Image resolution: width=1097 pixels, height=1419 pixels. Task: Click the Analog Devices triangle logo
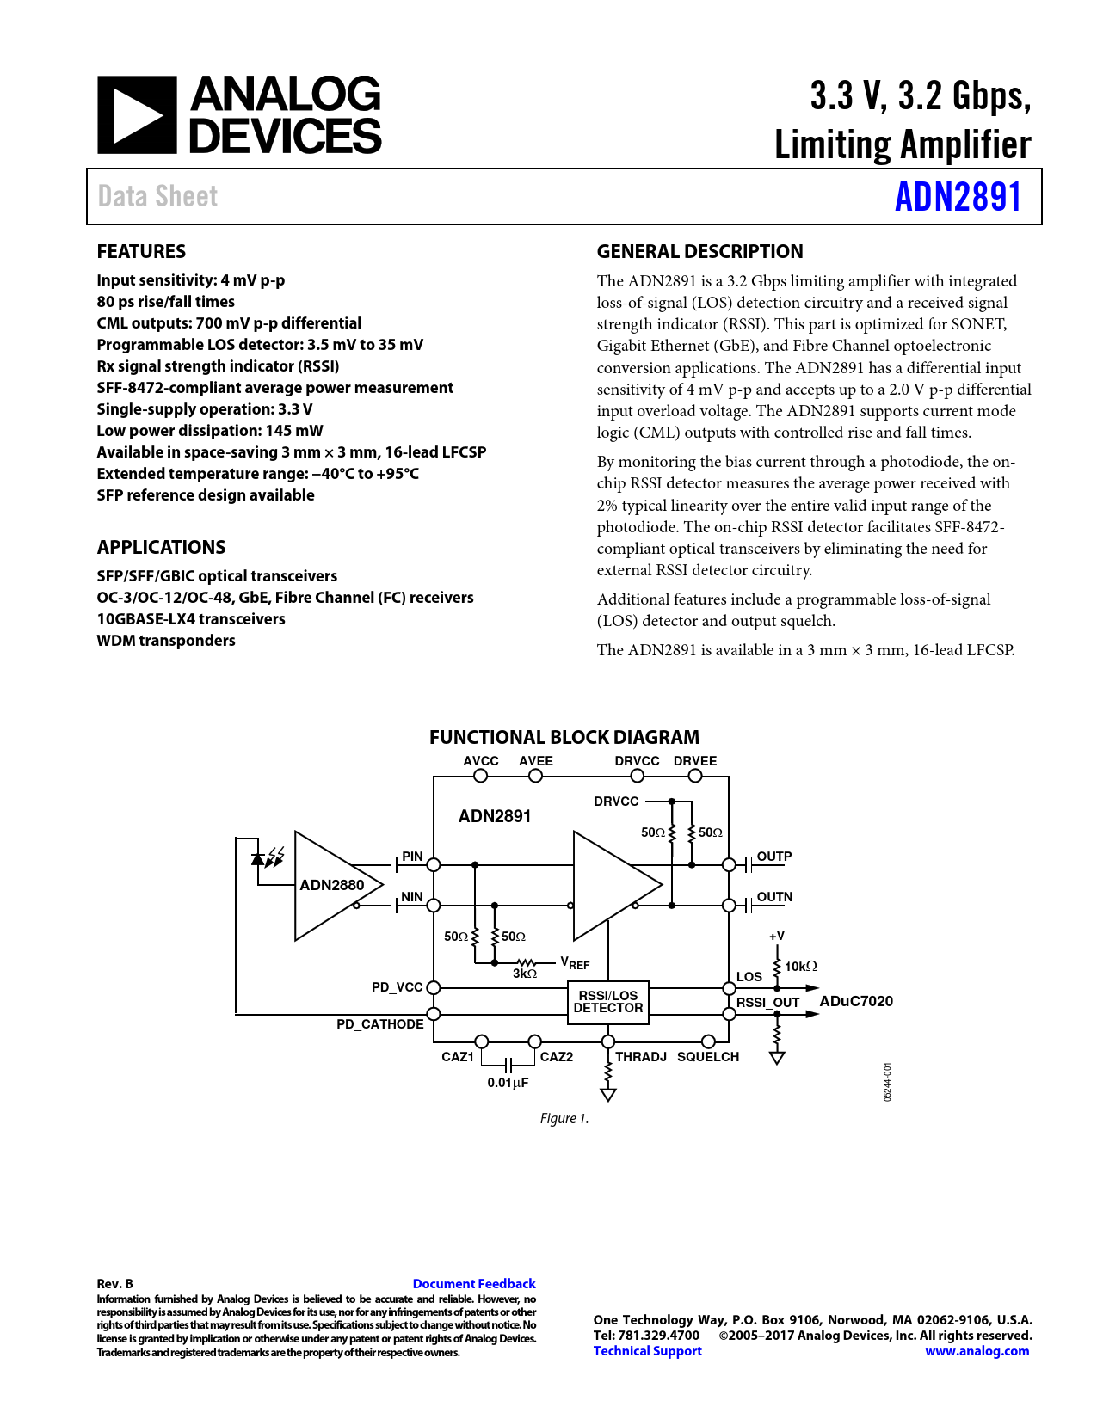[137, 115]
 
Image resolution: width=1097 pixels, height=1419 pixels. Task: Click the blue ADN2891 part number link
[958, 197]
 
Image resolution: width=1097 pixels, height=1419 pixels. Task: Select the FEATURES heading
[141, 252]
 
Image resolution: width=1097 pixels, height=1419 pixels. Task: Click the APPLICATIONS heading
[161, 548]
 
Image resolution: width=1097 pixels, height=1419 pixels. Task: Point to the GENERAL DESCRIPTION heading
[699, 252]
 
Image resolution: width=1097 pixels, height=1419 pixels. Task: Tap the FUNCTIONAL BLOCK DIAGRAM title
[564, 738]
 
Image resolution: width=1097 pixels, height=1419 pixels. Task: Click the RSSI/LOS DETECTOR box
[607, 1002]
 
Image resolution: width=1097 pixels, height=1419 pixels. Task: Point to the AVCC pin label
[480, 761]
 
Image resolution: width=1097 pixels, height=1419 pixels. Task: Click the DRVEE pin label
[694, 761]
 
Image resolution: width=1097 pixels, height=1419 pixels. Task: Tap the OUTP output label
[773, 857]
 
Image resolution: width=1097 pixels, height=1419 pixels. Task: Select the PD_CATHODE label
[379, 1024]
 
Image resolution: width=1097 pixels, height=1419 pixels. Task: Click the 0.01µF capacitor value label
[508, 1083]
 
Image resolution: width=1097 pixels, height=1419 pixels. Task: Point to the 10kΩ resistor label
[800, 967]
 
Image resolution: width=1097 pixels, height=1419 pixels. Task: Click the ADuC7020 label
[855, 1001]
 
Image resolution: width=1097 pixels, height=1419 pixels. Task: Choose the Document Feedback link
[473, 1284]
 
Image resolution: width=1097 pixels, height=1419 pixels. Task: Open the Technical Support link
[647, 1351]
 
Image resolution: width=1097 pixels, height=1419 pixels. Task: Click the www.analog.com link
[977, 1351]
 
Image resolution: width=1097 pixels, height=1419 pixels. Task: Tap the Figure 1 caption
[564, 1118]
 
